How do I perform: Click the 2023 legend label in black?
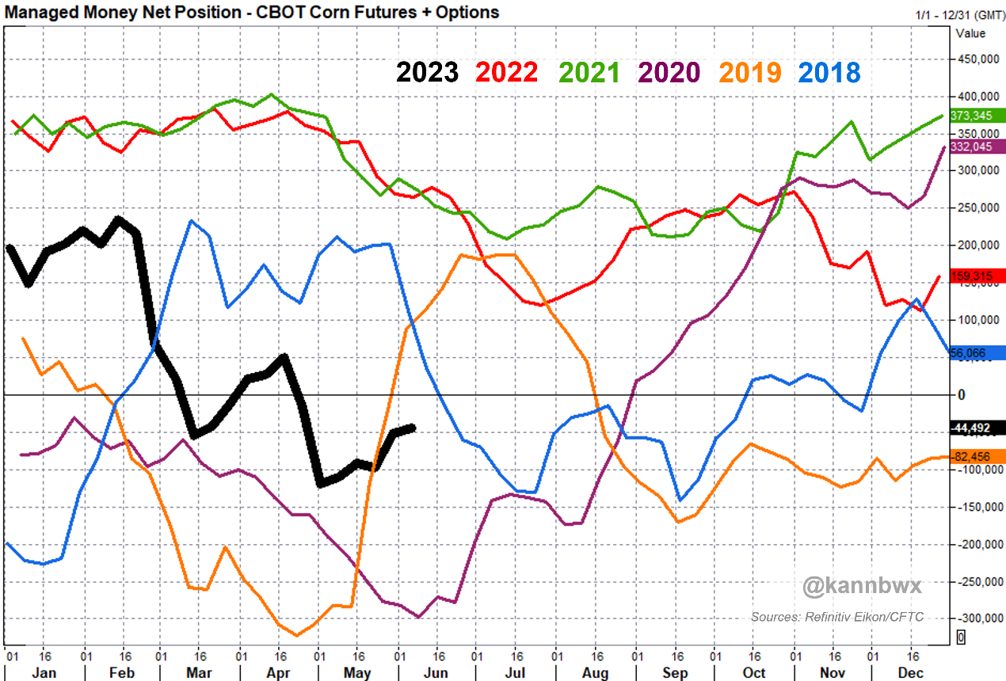pos(427,72)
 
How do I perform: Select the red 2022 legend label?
pos(507,72)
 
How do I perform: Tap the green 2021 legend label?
pos(589,72)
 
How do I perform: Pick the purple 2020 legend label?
pos(669,72)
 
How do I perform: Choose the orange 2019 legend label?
pos(749,72)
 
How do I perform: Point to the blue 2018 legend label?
pos(829,72)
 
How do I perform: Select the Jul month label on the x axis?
pos(515,672)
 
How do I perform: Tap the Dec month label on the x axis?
pos(911,672)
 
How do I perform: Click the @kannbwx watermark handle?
pos(862,588)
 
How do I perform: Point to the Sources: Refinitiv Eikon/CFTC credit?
pos(837,617)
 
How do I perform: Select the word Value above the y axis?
pos(970,33)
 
